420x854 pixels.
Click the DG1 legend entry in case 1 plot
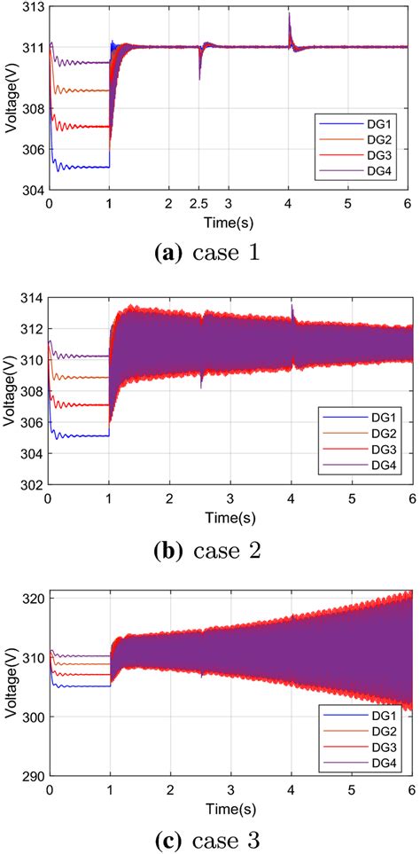tap(362, 121)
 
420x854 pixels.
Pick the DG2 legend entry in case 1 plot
tap(362, 138)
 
